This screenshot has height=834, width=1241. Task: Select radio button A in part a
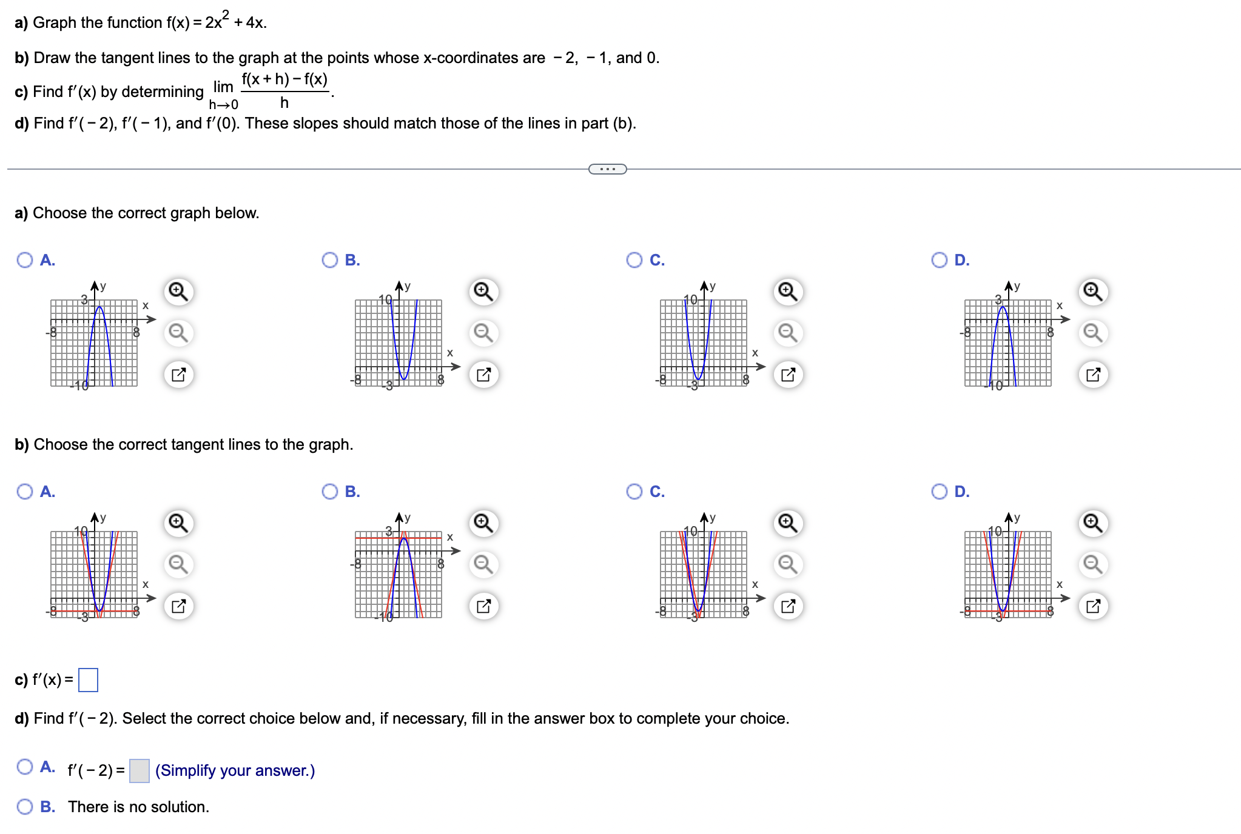25,260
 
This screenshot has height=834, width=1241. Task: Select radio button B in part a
330,260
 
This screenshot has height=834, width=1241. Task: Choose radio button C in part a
634,260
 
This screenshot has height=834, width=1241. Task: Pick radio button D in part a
940,260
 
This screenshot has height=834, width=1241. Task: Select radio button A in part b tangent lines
25,491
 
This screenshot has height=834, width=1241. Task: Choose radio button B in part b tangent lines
330,491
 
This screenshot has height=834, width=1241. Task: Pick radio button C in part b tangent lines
634,491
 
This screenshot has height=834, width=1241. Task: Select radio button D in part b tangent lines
940,491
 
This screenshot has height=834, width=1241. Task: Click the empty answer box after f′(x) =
89,679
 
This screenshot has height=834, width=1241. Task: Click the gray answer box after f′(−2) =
140,770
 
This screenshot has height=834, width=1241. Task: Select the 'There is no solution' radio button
25,807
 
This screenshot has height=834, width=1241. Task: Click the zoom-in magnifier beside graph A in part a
178,292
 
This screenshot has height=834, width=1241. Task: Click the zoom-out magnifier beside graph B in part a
483,333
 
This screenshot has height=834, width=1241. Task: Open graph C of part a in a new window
788,375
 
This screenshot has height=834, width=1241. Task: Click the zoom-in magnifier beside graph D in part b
1093,522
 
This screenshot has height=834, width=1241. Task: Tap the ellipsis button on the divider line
607,169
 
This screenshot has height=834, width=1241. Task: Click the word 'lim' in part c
223,87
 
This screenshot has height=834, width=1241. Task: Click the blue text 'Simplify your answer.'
235,770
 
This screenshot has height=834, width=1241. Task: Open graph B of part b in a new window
483,605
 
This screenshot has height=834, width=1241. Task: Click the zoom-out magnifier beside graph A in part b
178,564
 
